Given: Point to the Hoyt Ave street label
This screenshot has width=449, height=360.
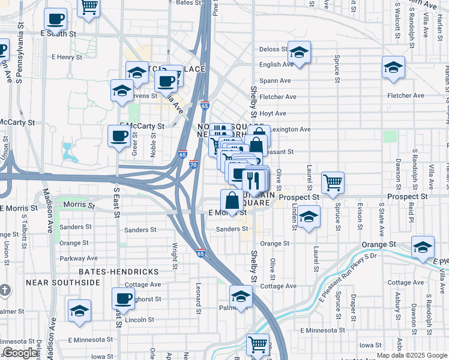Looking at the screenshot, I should point(273,113).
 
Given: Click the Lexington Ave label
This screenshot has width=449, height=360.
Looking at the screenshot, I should point(291,129).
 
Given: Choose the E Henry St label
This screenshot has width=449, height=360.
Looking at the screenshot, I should point(66,57).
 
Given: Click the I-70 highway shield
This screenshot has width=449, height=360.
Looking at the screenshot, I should point(193,164).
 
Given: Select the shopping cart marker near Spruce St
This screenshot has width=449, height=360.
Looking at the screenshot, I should point(333,182).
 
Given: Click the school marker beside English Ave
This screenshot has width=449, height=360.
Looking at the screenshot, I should point(299,53).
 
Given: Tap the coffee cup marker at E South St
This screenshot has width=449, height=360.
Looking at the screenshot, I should point(55,20).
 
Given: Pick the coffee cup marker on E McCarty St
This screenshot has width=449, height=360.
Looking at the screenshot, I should point(118,136).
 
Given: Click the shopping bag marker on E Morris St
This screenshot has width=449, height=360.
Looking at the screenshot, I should point(232,201).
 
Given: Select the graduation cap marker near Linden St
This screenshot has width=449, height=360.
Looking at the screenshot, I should point(309,217).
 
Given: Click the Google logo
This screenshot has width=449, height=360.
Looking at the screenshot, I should point(20,353).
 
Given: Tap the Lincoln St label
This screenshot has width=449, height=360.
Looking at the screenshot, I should point(140,320).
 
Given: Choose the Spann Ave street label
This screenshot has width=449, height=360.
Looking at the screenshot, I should point(275,80).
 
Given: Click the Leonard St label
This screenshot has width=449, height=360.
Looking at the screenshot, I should point(197,298).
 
